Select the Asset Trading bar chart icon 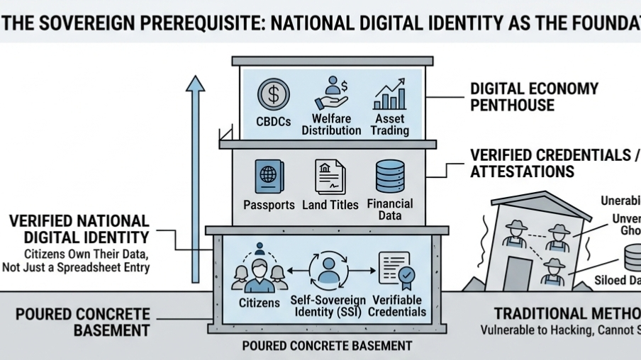click(390, 95)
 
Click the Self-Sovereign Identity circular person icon click(327, 270)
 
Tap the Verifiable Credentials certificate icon click(395, 270)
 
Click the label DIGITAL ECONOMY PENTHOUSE click(534, 97)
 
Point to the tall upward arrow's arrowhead click(195, 83)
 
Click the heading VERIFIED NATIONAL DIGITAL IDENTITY click(79, 229)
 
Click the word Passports click(268, 205)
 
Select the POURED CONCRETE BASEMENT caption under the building click(327, 346)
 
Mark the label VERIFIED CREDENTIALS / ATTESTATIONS click(553, 163)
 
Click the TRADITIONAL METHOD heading click(567, 314)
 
